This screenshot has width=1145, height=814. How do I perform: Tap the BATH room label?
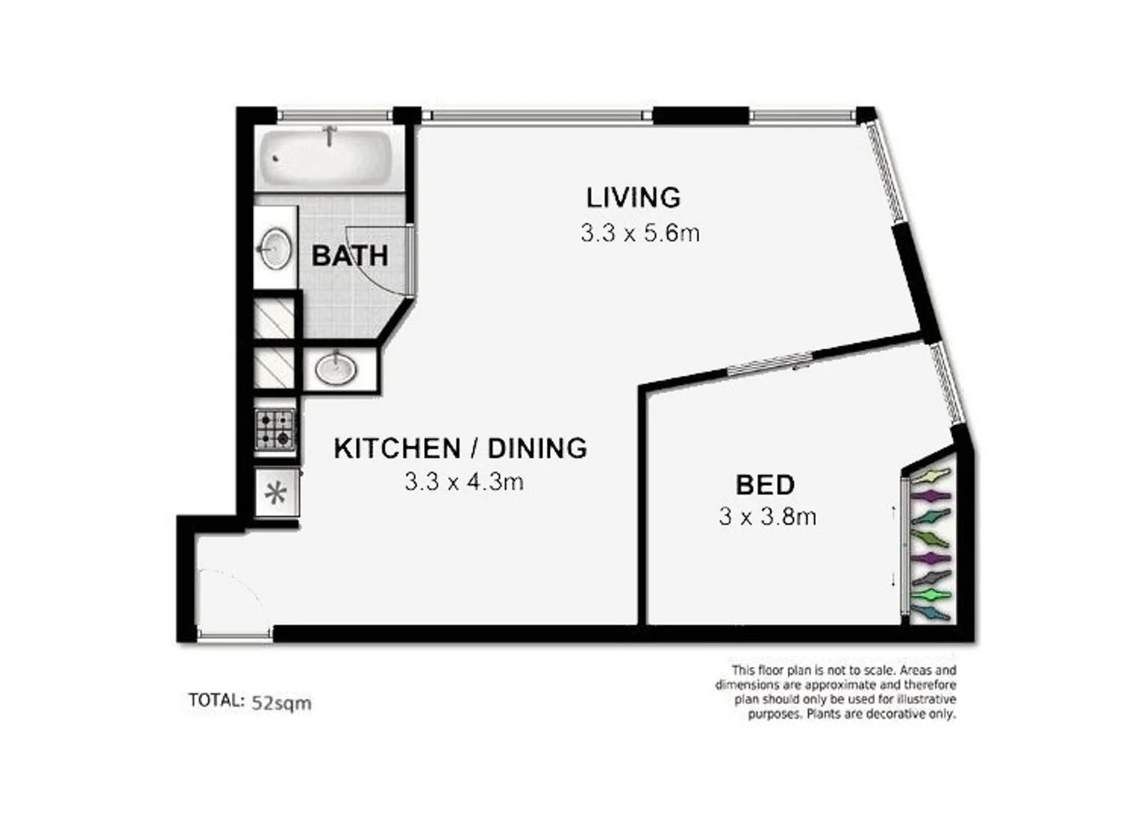350,256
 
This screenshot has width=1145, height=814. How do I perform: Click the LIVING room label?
634,197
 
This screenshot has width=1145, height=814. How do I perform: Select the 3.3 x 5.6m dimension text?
640,233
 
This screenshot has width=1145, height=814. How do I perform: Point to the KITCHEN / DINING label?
460,448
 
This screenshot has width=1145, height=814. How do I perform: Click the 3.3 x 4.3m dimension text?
464,482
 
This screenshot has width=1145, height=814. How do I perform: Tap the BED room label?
765,485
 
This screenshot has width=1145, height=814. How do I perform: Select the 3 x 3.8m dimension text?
768,517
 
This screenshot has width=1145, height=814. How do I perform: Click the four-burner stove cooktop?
274,430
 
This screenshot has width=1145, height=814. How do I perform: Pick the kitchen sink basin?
336,369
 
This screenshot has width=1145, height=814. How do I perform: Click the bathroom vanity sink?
275,247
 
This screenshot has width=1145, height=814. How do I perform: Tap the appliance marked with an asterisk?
276,494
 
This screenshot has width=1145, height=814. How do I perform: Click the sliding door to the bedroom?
769,363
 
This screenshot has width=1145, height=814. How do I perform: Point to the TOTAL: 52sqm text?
249,702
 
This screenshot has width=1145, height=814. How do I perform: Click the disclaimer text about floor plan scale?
836,691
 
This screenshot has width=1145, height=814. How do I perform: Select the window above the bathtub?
334,115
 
